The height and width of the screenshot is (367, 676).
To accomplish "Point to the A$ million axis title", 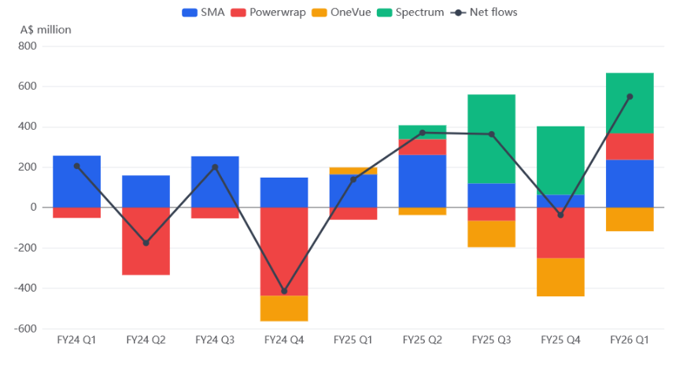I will click(46, 30).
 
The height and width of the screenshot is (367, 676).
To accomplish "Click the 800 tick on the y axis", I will click(27, 46).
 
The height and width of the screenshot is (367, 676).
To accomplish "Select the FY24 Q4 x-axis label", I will click(284, 340).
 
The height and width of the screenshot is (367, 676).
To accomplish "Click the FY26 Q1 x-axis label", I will click(630, 340).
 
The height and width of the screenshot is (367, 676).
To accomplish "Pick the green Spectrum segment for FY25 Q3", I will click(492, 139).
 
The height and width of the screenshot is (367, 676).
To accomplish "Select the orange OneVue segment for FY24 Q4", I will click(284, 308).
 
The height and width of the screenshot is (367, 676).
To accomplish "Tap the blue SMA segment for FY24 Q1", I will click(76, 182).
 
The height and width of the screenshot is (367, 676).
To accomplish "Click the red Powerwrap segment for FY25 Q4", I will click(561, 233).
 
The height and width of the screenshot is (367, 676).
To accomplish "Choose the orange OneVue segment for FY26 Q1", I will click(630, 219).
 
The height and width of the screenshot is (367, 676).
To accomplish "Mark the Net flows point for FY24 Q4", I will click(284, 292).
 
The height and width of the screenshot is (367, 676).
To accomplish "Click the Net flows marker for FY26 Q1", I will click(630, 97).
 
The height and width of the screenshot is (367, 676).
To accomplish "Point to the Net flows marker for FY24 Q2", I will click(146, 243).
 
